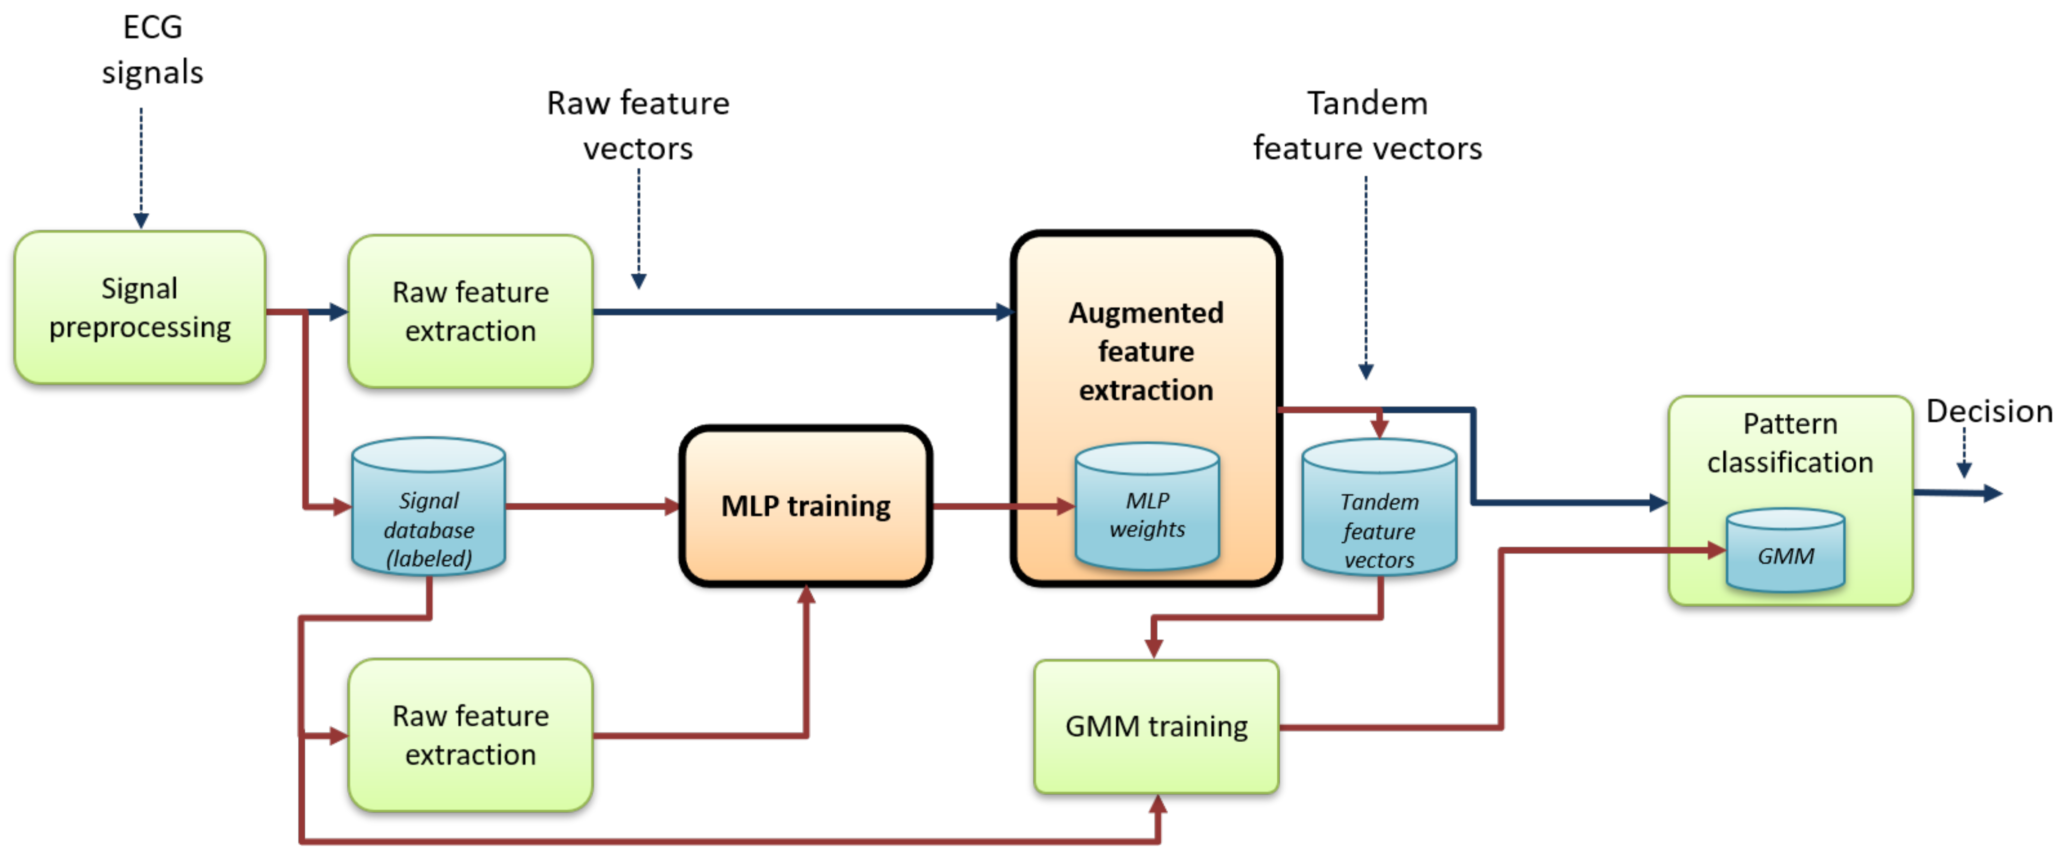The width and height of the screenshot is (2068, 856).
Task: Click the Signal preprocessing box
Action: click(x=140, y=307)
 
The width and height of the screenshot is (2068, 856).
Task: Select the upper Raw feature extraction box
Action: click(x=470, y=311)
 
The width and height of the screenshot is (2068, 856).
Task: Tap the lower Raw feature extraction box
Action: click(x=470, y=735)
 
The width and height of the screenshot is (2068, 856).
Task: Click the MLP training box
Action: click(x=805, y=506)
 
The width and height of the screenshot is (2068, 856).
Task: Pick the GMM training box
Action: click(x=1156, y=726)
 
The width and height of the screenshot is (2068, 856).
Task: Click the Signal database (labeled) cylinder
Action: click(x=429, y=513)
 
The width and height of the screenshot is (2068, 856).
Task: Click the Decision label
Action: click(x=1988, y=411)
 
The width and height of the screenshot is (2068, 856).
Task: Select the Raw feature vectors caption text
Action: click(x=638, y=125)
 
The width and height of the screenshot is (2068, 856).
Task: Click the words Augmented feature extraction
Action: click(x=1146, y=351)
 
